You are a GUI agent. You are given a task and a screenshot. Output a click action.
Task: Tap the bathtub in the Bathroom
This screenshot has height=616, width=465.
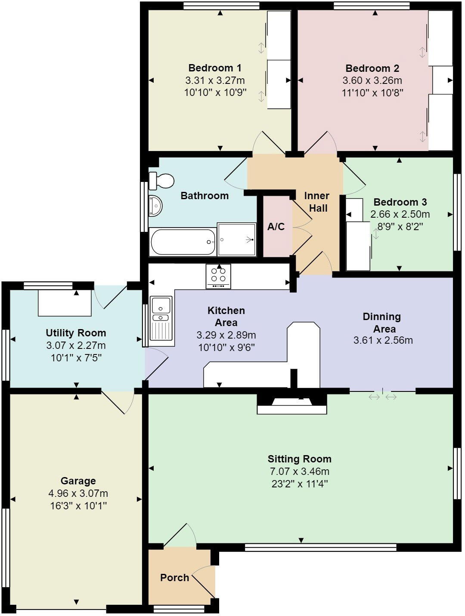pos(183,242)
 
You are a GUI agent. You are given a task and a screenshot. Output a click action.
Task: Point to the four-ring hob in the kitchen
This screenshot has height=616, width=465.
pos(218,276)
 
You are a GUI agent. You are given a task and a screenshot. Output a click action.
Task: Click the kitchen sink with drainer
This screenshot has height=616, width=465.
pos(161,320)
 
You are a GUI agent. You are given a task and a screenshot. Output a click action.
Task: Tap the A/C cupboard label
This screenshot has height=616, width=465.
pos(276,227)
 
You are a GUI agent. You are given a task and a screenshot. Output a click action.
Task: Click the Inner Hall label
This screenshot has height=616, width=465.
pos(316,202)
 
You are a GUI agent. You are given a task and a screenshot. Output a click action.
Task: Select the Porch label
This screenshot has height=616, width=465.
pos(174,578)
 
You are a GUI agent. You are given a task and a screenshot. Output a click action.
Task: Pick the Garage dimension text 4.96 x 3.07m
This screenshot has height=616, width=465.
pos(78,493)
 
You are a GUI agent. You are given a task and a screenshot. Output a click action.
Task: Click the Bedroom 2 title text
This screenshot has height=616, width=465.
pos(372,68)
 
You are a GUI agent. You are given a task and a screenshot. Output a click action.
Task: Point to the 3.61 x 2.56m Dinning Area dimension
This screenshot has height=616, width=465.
pos(383,341)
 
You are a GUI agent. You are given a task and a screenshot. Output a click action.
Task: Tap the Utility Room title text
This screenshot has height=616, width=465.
pos(76,333)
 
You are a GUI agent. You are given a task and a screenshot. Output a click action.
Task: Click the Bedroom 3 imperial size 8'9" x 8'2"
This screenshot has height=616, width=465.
pos(400,226)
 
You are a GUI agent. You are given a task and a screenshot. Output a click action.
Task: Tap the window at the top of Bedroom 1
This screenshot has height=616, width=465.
pos(221,5)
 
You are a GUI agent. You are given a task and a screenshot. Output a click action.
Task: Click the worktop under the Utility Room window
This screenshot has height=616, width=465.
pos(65,303)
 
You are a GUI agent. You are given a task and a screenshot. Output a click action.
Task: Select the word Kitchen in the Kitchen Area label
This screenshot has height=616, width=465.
pos(226,311)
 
